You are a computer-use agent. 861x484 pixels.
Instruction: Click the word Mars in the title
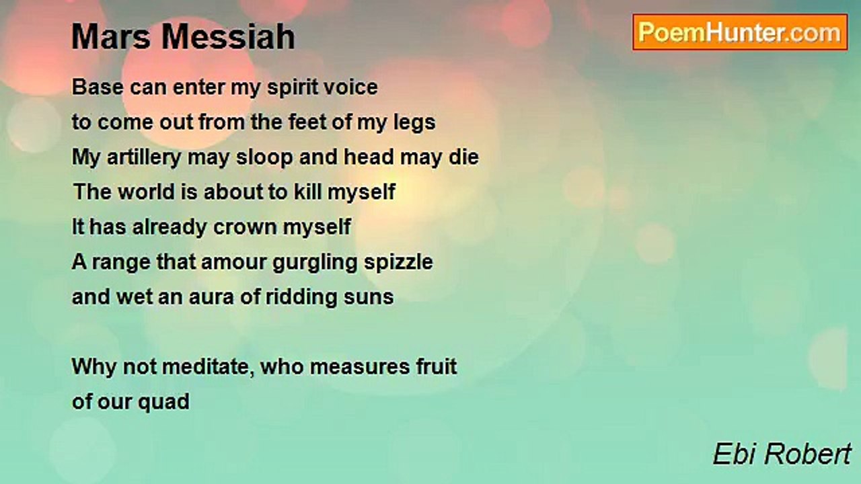click(111, 37)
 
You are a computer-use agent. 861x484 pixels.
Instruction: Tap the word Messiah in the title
click(228, 37)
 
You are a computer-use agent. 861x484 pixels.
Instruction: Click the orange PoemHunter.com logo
click(740, 32)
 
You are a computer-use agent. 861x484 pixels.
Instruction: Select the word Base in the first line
click(98, 87)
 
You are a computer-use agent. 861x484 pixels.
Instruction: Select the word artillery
click(144, 158)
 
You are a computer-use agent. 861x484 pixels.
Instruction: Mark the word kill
click(307, 192)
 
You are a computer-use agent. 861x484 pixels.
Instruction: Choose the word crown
click(244, 227)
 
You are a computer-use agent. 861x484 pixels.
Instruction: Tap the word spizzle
click(398, 263)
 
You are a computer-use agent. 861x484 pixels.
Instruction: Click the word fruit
click(437, 366)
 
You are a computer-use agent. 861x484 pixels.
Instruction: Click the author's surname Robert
click(807, 454)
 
